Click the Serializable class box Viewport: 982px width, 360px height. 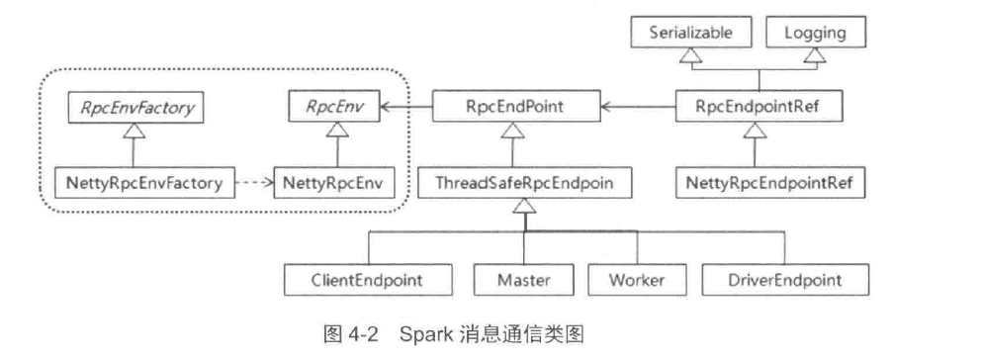pyautogui.click(x=691, y=34)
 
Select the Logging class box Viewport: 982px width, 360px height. pyautogui.click(x=816, y=34)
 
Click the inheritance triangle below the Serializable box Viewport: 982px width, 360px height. pyautogui.click(x=691, y=56)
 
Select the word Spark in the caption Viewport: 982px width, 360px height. pyautogui.click(x=421, y=334)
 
